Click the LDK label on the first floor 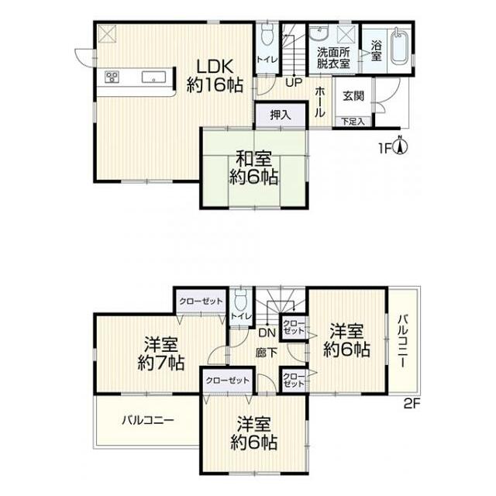point(215,67)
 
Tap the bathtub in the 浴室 point(400,46)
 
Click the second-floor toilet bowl point(242,301)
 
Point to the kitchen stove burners point(112,77)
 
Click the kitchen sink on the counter point(153,77)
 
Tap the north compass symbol point(400,146)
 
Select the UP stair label point(294,83)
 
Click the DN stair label point(267,332)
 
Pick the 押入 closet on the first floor point(281,115)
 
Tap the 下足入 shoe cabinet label point(353,121)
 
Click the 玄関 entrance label point(353,96)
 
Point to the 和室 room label point(254,159)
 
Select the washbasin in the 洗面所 point(319,33)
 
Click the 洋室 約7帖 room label point(161,354)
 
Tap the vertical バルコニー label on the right point(403,341)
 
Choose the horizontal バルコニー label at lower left point(148,420)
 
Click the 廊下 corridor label point(267,353)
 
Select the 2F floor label point(412,404)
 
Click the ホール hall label point(320,102)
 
